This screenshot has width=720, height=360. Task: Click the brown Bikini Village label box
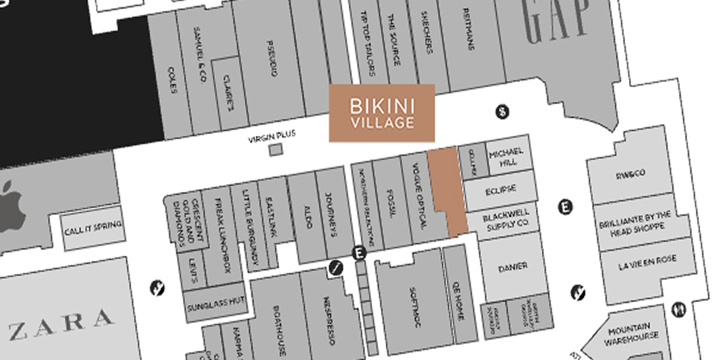[382, 112]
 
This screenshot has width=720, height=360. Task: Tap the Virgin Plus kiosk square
[276, 150]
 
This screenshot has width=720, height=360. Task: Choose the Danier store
[513, 266]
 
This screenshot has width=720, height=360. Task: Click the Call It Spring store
[92, 226]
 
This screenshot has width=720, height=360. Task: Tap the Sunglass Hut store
[216, 303]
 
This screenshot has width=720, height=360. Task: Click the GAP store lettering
[557, 21]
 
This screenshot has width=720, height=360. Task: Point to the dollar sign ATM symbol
[504, 112]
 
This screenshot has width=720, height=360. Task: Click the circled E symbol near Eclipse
[565, 207]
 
